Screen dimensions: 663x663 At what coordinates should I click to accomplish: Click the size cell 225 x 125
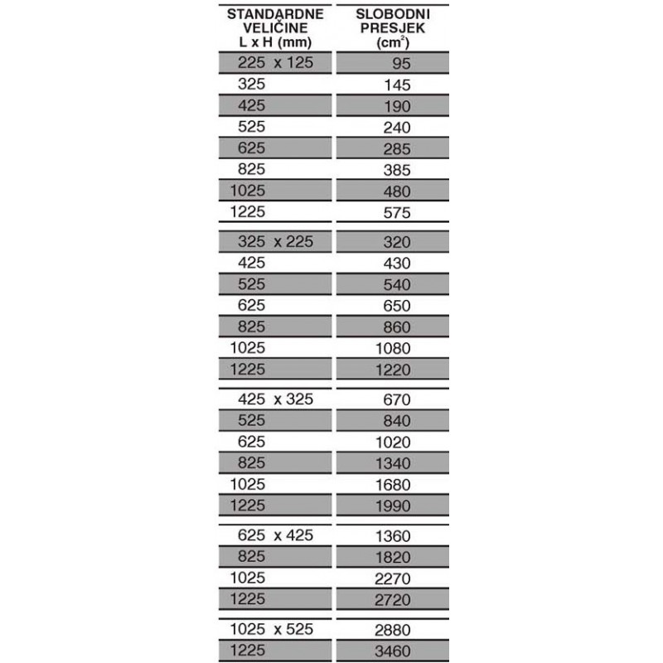275,63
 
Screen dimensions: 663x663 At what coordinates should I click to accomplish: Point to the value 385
399,171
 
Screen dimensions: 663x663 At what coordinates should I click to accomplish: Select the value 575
399,213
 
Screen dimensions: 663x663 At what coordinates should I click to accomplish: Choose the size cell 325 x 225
275,242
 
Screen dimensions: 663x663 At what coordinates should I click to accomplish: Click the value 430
399,264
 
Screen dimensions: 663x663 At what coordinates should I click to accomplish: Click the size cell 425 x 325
275,399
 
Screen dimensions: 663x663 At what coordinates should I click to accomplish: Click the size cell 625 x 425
275,535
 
